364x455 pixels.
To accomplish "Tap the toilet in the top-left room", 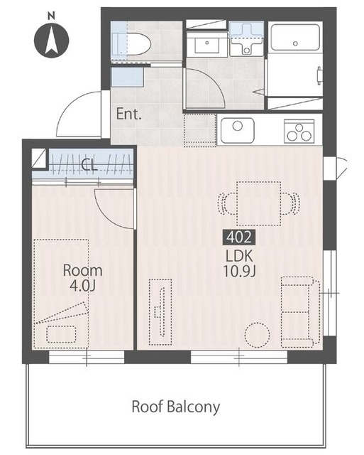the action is tap(132, 44).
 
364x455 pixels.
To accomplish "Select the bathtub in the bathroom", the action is tap(295, 38).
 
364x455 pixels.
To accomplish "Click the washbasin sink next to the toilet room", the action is tap(206, 43).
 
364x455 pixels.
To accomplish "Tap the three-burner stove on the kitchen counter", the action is tap(299, 131).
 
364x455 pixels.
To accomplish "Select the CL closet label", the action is tap(89, 165).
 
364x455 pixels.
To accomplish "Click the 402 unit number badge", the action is tap(239, 237).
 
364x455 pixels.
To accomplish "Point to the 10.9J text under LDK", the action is tap(239, 272).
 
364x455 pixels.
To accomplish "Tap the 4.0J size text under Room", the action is tap(82, 286).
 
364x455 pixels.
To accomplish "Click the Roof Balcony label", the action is tap(176, 407).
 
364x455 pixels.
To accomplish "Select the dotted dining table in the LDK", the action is tap(258, 204).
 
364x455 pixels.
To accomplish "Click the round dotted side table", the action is tap(257, 335).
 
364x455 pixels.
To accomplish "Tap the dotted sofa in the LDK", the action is tap(301, 312).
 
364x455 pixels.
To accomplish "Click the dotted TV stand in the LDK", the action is tap(160, 312).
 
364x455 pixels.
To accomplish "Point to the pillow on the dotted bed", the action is tap(61, 334).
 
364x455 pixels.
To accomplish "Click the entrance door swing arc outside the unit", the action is tap(68, 108).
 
